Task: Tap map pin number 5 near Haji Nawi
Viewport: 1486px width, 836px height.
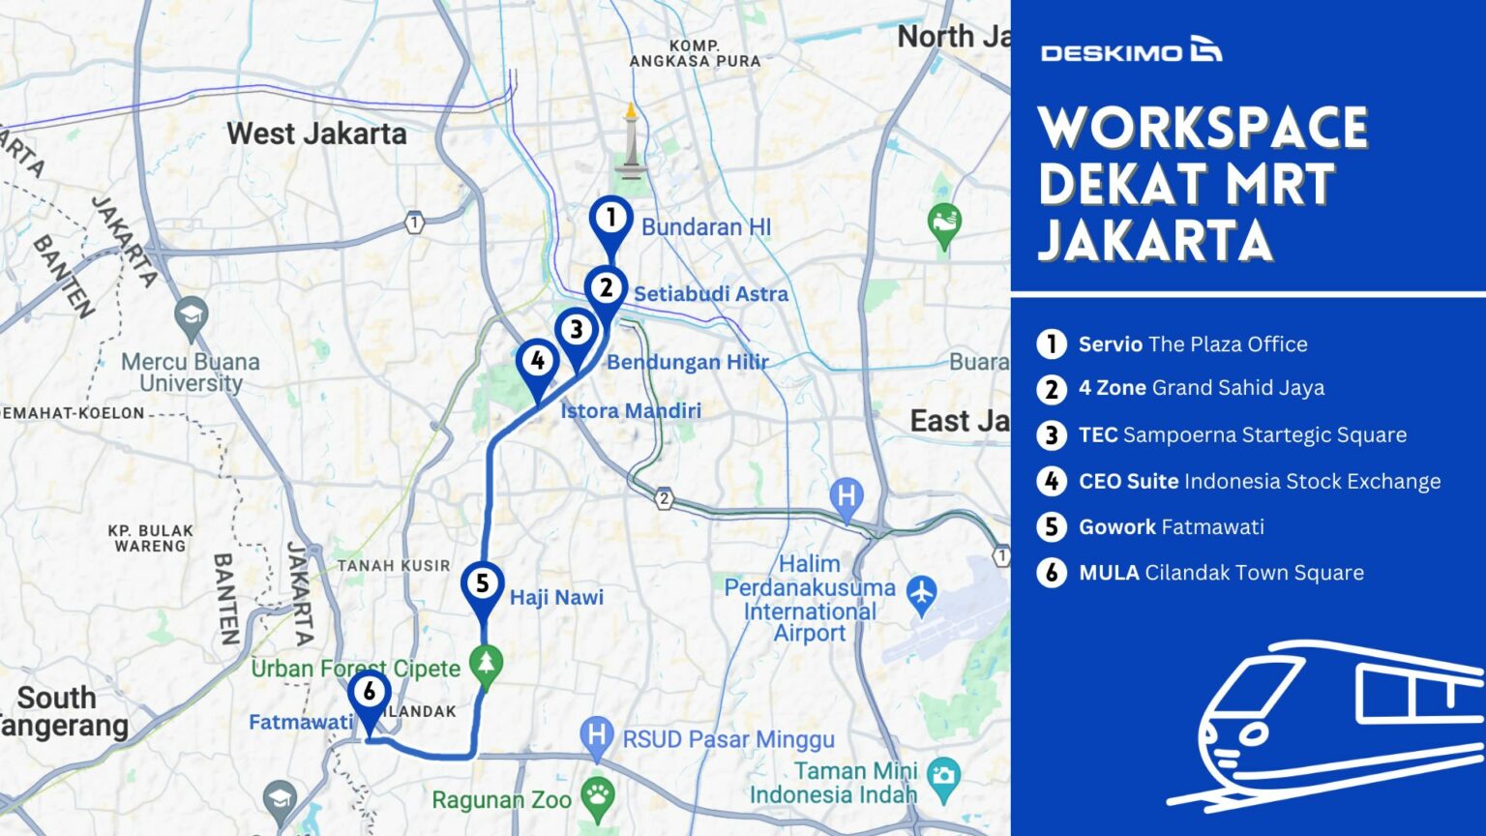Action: pos(482,584)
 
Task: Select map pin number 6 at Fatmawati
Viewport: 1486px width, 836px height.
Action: pos(369,694)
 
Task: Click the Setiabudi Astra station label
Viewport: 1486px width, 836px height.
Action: pos(710,294)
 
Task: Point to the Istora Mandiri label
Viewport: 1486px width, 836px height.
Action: pos(631,410)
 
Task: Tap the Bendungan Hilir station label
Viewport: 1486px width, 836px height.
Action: pos(687,362)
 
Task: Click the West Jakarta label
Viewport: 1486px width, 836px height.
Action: pos(316,134)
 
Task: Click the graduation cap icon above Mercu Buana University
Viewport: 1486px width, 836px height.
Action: pos(191,314)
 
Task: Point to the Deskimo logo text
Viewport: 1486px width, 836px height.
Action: pos(1112,52)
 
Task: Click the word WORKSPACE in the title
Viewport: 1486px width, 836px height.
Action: pos(1203,127)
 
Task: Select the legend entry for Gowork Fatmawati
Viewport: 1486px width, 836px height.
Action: pos(1171,527)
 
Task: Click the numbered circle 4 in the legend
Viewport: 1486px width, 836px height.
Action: pos(1052,482)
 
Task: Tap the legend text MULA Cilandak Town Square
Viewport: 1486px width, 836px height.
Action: pos(1221,573)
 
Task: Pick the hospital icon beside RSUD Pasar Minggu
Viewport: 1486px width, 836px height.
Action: pos(596,736)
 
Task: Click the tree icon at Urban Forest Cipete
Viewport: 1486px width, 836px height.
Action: pos(486,664)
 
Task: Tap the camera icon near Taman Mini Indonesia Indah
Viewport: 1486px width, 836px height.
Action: pos(942,774)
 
